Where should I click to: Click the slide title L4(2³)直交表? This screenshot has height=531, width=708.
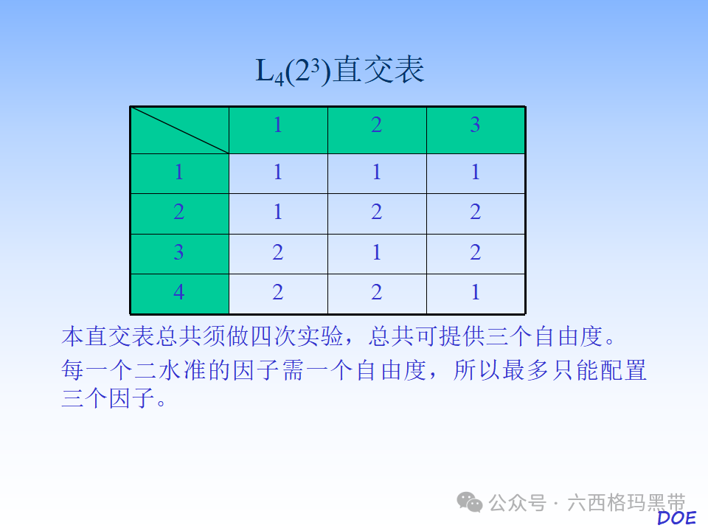pos(340,72)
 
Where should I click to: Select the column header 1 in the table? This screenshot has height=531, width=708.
pos(278,125)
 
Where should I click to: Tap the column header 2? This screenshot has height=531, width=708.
pos(377,125)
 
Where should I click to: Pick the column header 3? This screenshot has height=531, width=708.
pos(476,125)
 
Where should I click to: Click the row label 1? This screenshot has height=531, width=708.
pos(179,173)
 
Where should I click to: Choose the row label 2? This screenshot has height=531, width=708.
pos(179,213)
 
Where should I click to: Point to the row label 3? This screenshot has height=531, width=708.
pos(179,253)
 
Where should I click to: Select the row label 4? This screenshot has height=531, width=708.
pos(179,293)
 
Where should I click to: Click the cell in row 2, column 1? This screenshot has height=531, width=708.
pos(278,213)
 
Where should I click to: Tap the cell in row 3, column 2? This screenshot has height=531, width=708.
pos(377,253)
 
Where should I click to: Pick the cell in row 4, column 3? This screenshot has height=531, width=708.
pos(476,293)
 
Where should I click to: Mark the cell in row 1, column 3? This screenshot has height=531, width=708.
pos(476,173)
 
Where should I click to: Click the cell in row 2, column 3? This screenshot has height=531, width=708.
pos(476,213)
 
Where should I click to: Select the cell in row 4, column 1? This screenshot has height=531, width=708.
pos(278,293)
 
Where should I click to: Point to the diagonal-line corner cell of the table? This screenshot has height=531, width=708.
pos(179,130)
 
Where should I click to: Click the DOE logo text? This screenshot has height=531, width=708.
pos(676,518)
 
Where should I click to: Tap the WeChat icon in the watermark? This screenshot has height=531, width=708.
pos(470,502)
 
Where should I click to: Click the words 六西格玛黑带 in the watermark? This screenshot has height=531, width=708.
pos(626,504)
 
